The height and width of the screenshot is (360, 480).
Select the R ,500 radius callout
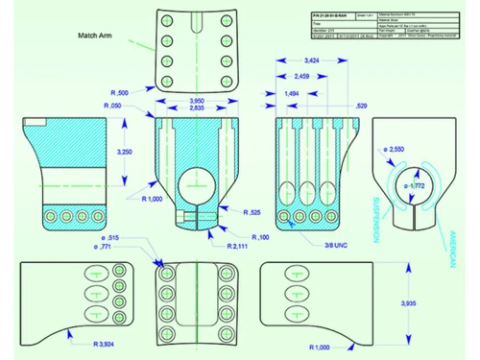pyautogui.click(x=122, y=92)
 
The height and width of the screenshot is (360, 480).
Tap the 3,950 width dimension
pyautogui.click(x=197, y=101)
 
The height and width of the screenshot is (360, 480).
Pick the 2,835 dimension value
pyautogui.click(x=197, y=109)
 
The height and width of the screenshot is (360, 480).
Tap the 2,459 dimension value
pyautogui.click(x=301, y=75)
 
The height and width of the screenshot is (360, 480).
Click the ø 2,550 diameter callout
pyautogui.click(x=393, y=151)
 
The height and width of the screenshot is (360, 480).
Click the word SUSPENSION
pyautogui.click(x=376, y=220)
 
